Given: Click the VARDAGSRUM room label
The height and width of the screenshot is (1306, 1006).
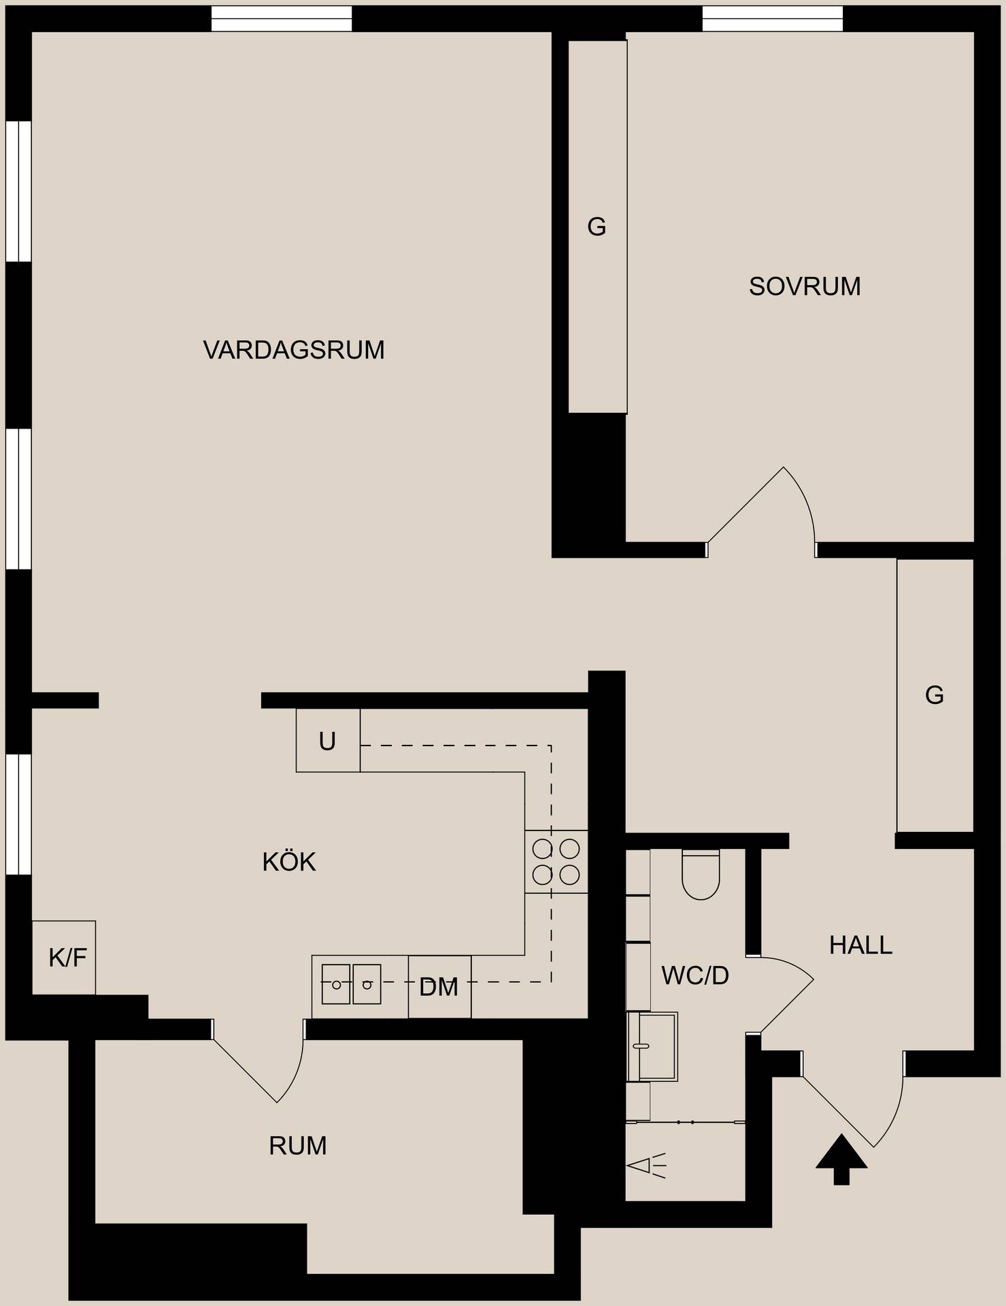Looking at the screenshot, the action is pyautogui.click(x=294, y=350).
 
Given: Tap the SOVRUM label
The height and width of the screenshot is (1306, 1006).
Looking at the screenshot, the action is pyautogui.click(x=805, y=286).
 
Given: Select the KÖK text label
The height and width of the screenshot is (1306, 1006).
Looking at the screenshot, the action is pyautogui.click(x=289, y=862).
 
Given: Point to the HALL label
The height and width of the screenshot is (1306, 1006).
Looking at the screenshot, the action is pyautogui.click(x=860, y=945).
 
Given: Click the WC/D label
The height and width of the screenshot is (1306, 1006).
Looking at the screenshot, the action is pyautogui.click(x=695, y=975).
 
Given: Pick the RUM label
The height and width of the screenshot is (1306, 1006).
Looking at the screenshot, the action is pyautogui.click(x=298, y=1146).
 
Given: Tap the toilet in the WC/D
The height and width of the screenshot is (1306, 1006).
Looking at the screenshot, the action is pyautogui.click(x=701, y=875).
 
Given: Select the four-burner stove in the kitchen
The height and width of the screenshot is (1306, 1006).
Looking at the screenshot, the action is pyautogui.click(x=556, y=861).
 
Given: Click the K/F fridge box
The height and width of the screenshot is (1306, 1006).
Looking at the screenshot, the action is pyautogui.click(x=64, y=958).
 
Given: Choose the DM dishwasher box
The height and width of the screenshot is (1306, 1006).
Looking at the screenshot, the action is pyautogui.click(x=439, y=987).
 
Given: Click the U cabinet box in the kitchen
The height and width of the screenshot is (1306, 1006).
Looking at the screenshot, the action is pyautogui.click(x=328, y=741).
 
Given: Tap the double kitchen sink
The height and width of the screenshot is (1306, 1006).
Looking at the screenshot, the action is pyautogui.click(x=352, y=984).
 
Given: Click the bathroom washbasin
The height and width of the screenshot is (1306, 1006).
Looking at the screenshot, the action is pyautogui.click(x=652, y=1047).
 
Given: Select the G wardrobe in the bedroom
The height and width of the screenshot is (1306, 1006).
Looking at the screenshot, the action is pyautogui.click(x=598, y=227).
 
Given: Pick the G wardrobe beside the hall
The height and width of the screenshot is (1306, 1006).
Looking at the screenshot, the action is pyautogui.click(x=935, y=695).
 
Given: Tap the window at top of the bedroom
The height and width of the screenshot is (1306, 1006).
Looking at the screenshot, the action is pyautogui.click(x=772, y=18).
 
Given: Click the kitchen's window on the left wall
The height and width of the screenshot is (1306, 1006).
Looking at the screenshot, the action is pyautogui.click(x=18, y=814).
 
